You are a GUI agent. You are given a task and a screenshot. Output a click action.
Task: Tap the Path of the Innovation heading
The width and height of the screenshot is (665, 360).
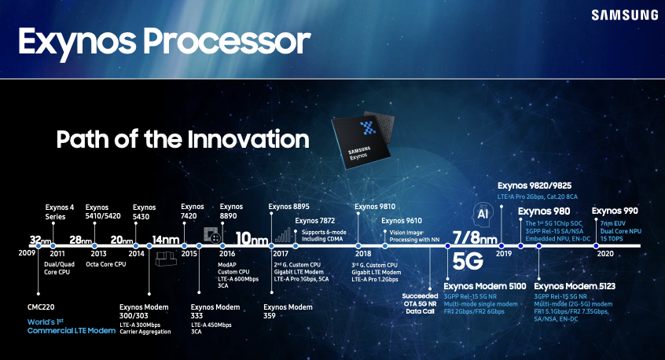(x=182, y=140)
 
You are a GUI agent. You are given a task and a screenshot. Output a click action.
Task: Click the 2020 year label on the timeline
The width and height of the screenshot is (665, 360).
(x=605, y=255)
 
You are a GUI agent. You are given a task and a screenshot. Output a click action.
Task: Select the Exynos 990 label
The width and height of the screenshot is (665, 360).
(x=615, y=211)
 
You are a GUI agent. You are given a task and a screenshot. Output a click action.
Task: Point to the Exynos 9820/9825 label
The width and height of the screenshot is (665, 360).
(x=535, y=186)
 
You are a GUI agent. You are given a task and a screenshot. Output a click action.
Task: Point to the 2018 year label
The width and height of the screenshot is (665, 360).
(x=362, y=255)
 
